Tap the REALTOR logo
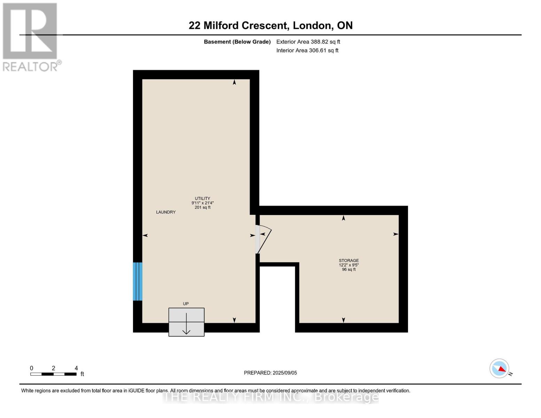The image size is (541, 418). click(31, 37)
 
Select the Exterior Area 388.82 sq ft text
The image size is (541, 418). click(308, 42)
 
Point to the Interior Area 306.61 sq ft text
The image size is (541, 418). click(307, 51)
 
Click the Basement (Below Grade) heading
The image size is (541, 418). click(237, 42)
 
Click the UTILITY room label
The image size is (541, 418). click(202, 199)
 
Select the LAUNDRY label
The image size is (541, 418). click(166, 212)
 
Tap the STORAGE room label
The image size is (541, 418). click(349, 261)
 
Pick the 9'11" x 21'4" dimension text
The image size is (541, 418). click(202, 203)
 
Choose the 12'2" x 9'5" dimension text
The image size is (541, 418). click(349, 265)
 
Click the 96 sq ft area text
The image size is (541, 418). click(349, 270)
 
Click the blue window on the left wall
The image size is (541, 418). click(138, 281)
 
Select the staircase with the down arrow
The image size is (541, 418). click(186, 322)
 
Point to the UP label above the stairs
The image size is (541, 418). click(186, 304)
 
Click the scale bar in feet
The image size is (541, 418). click(53, 374)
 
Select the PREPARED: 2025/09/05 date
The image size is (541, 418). click(270, 373)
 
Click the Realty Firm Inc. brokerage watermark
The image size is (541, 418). click(270, 397)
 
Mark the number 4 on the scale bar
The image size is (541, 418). click(76, 368)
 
